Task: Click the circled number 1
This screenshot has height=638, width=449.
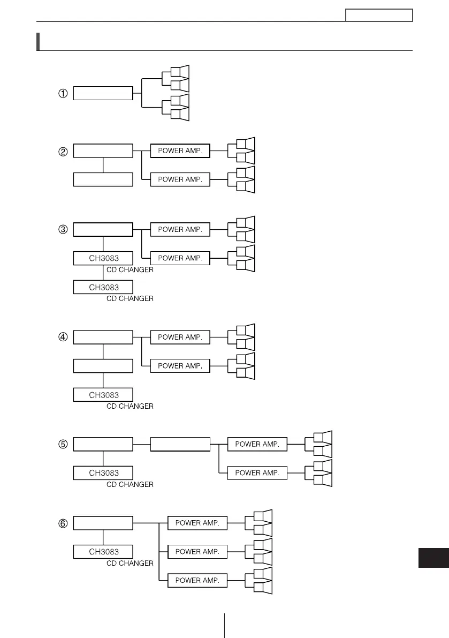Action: (x=63, y=93)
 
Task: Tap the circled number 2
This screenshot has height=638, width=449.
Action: (x=63, y=151)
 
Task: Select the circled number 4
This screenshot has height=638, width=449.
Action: (x=63, y=337)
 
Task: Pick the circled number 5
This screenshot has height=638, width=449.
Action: (x=63, y=444)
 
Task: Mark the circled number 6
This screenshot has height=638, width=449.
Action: (x=63, y=523)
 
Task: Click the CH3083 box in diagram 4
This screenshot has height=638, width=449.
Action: (x=103, y=395)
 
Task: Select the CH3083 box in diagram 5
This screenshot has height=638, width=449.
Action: (x=103, y=473)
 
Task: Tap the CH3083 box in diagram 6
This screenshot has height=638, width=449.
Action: (x=103, y=552)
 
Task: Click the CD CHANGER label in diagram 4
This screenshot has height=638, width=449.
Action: (x=130, y=407)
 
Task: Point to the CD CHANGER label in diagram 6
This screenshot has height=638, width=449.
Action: (x=130, y=564)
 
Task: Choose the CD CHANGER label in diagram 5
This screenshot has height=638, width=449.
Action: (x=130, y=485)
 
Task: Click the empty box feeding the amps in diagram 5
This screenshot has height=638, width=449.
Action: (x=180, y=444)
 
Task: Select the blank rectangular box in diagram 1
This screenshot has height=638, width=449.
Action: (x=103, y=93)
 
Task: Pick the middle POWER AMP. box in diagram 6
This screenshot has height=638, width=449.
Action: (x=197, y=552)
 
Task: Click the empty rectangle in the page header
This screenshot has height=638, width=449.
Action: (x=379, y=15)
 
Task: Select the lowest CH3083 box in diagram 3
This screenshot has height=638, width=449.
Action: (x=103, y=287)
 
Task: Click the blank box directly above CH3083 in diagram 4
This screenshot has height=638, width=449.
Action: (x=103, y=366)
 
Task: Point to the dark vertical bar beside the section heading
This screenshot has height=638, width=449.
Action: (x=39, y=41)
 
